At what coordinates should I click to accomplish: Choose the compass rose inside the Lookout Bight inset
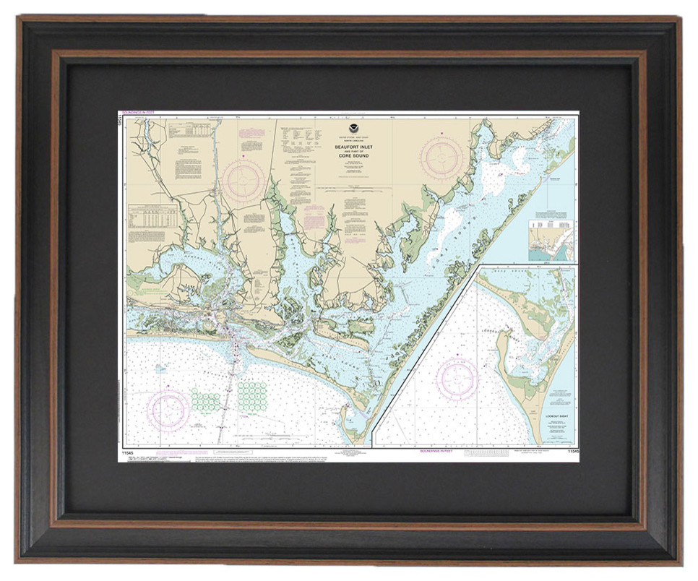coord(457,379)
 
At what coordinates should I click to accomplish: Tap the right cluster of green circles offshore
coord(252,394)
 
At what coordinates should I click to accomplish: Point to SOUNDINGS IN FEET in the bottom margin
coord(436,451)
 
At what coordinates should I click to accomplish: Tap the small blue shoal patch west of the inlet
coord(160,369)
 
